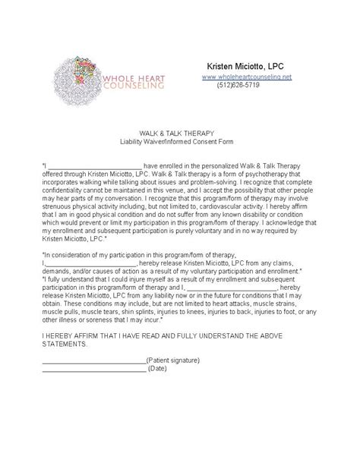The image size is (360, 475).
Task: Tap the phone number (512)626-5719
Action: [x=238, y=86]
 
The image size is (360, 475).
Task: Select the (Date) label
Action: [x=158, y=369]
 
